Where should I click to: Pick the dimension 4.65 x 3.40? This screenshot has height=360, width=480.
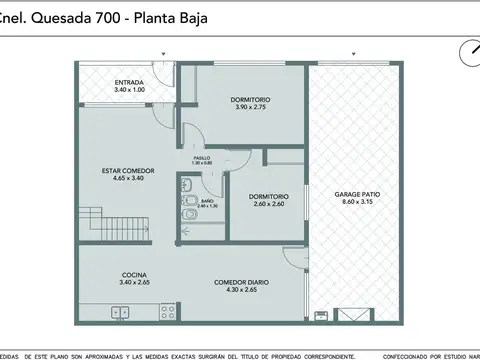(128, 179)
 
